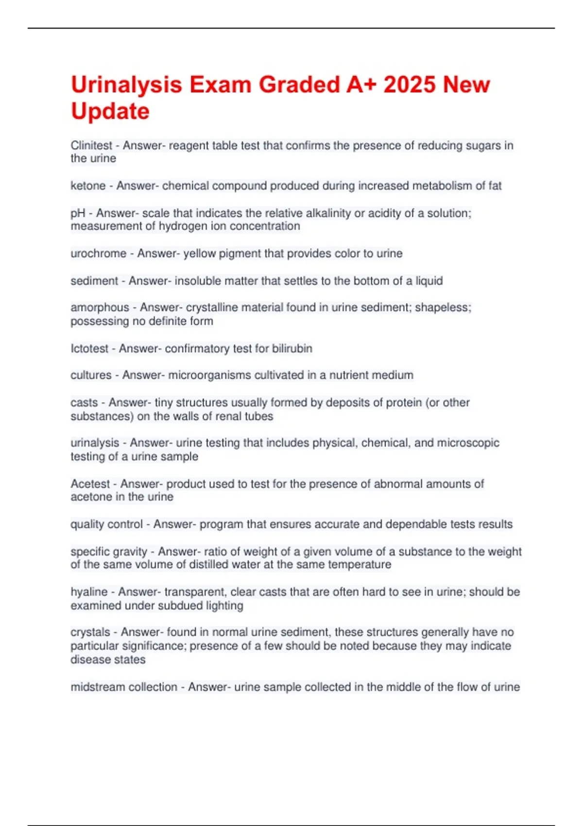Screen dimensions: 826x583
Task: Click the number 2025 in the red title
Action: tap(410, 85)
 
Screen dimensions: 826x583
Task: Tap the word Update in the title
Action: tap(110, 111)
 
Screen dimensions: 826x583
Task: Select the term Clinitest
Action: tap(91, 145)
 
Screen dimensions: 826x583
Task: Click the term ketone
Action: tap(88, 186)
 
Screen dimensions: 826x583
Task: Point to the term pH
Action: tap(78, 213)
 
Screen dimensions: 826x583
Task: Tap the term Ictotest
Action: tap(89, 348)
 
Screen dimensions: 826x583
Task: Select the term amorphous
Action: tap(100, 308)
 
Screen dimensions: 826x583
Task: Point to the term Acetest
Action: tap(90, 484)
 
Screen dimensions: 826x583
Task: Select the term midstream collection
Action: tap(124, 687)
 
